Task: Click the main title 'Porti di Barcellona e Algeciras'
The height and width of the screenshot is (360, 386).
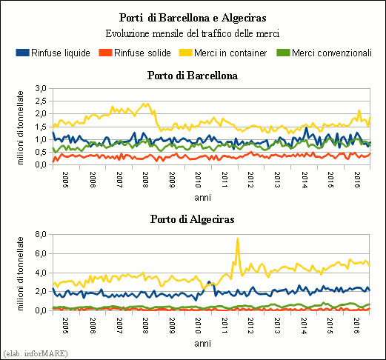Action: pos(193,18)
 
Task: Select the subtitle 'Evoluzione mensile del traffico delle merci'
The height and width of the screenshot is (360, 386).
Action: pos(193,33)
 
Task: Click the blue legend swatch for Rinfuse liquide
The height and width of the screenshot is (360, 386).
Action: pos(22,53)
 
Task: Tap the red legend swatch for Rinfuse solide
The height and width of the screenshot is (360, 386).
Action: pos(105,53)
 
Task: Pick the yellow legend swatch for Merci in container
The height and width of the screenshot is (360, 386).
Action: pos(185,53)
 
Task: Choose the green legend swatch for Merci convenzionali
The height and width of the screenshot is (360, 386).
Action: pos(283,53)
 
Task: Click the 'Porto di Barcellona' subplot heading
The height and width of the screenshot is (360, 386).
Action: pos(193,76)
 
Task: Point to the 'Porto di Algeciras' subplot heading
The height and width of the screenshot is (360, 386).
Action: pos(193,219)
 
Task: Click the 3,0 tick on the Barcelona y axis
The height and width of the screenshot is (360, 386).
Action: pos(41,88)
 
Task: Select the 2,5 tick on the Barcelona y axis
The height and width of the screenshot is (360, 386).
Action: pos(41,101)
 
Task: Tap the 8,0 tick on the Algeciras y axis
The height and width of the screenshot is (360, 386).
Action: pos(41,234)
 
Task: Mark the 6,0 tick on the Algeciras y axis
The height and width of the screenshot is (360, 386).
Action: pos(41,253)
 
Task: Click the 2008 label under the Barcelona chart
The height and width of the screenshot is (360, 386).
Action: pos(145,180)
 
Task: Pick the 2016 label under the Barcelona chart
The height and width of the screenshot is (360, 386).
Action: pos(357,180)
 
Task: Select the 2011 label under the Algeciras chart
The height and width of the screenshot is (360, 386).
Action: pos(224,325)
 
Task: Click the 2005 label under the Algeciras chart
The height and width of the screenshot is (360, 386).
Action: pos(65,325)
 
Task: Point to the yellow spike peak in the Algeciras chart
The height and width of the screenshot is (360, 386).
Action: pos(238,239)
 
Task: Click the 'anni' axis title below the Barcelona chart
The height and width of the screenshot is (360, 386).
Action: pos(202,198)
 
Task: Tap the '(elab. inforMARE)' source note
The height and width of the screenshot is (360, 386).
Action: pos(36,353)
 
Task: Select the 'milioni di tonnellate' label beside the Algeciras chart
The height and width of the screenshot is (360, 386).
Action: pos(20,273)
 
